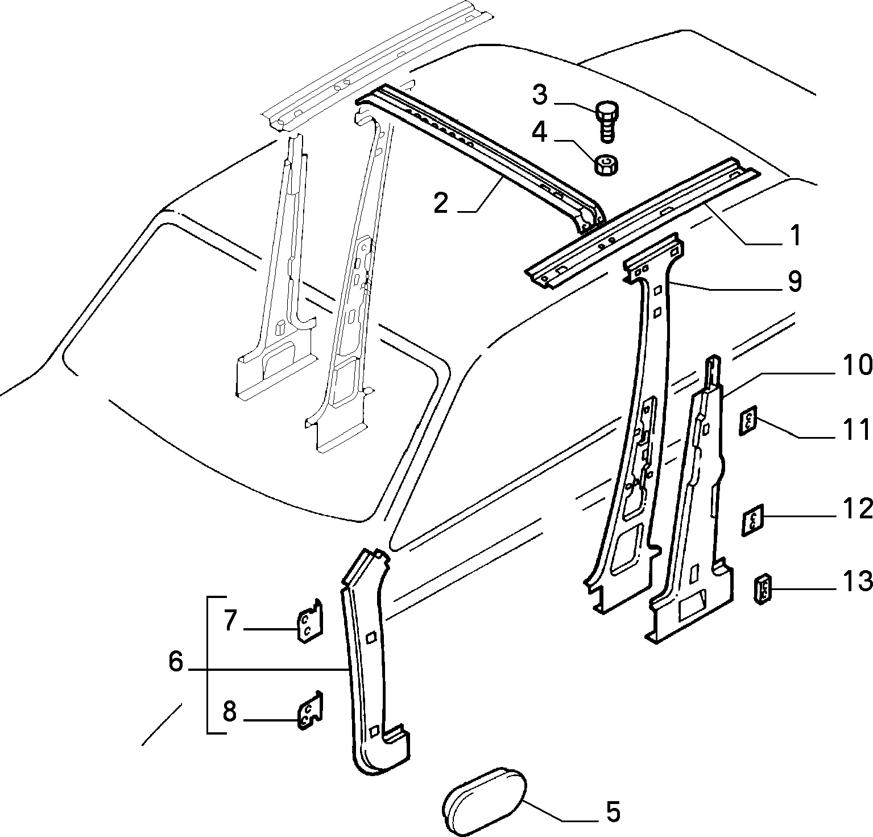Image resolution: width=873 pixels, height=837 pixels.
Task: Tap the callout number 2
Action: click(x=441, y=204)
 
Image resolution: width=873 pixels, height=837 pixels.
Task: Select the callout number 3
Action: click(x=540, y=96)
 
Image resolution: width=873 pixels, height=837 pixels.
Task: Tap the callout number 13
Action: click(x=856, y=582)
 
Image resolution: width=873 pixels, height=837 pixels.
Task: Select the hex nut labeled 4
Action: click(x=607, y=165)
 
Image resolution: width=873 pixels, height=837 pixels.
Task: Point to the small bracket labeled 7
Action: click(x=311, y=621)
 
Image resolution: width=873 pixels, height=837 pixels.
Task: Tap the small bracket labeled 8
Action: click(x=311, y=710)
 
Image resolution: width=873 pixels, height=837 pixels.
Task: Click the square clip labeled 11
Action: click(x=748, y=420)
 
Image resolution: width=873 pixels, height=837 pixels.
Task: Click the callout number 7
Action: click(x=230, y=621)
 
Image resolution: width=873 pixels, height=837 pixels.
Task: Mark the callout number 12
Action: click(x=857, y=508)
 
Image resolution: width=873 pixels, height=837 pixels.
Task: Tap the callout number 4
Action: click(x=540, y=133)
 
